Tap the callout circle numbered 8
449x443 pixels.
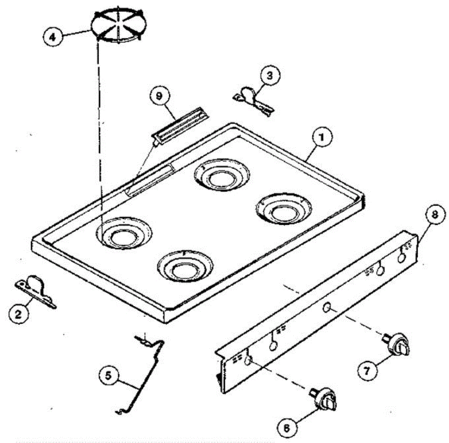click(434, 214)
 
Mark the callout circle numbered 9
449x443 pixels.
click(159, 96)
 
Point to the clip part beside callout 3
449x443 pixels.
click(253, 98)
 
